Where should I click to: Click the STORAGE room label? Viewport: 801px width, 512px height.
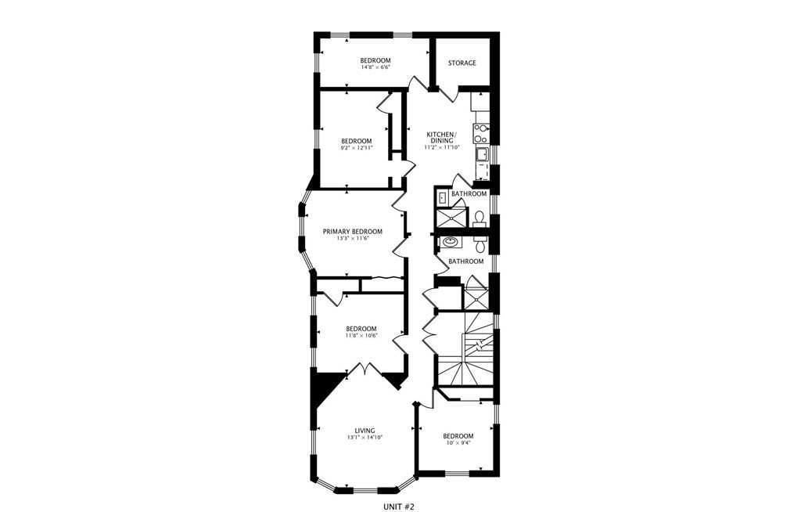point(462,63)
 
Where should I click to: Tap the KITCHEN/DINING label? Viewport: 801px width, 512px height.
point(441,136)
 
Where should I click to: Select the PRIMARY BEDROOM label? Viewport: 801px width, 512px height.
point(354,232)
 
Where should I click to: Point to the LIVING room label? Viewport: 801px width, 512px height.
point(365,431)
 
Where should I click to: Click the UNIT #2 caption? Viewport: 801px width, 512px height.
point(400,506)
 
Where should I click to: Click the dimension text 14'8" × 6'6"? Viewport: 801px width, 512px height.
point(375,68)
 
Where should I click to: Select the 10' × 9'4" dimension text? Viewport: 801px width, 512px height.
point(458,444)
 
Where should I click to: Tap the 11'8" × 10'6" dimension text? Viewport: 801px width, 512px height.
point(361,336)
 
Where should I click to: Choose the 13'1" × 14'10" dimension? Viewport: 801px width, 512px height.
point(365,438)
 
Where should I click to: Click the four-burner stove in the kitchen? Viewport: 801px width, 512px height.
point(481,129)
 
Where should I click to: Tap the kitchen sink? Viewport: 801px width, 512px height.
point(482,153)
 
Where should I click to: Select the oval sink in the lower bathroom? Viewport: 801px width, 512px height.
point(451,243)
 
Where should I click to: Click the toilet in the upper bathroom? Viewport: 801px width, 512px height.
point(480,218)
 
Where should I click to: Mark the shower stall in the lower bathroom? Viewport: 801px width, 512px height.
point(476,297)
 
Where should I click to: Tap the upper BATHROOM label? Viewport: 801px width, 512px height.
point(469,193)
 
